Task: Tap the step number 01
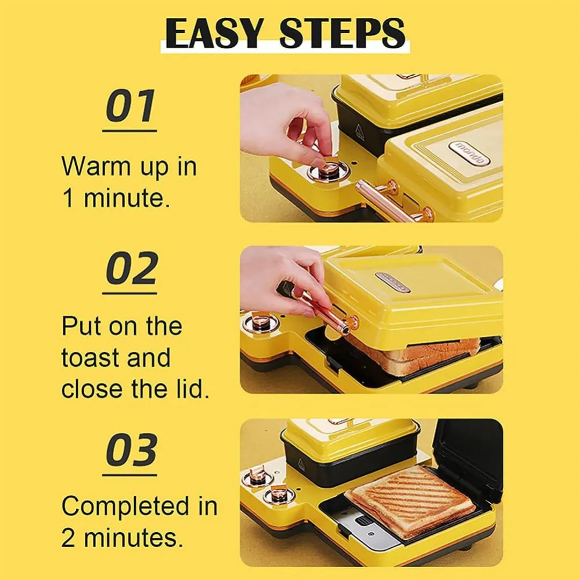tap(130, 106)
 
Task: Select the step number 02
tap(132, 268)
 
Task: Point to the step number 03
tap(132, 450)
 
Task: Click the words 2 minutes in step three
tap(122, 538)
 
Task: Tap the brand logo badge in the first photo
tap(469, 153)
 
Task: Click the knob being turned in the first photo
tap(327, 170)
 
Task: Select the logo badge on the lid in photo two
tap(393, 282)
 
